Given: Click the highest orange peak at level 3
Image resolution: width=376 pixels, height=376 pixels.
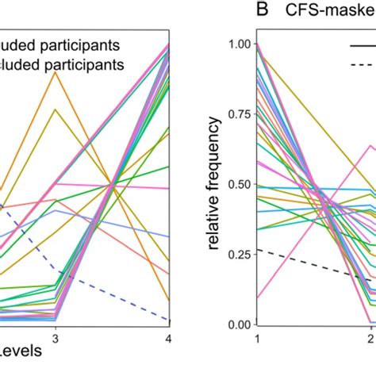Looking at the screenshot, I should point(55,72).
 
